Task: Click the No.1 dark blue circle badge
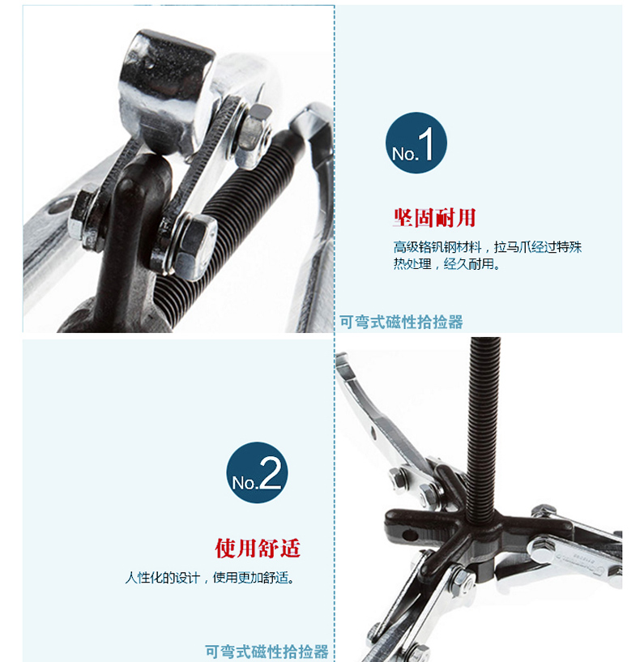[416, 143]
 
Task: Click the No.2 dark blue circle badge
[257, 472]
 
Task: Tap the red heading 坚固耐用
[434, 218]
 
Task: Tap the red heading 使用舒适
[258, 548]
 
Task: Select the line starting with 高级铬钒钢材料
[488, 247]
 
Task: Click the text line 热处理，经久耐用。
[446, 264]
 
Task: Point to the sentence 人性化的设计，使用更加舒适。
[210, 577]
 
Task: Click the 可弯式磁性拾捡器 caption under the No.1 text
[401, 322]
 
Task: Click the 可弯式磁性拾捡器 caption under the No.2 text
[267, 651]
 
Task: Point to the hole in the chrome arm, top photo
[58, 207]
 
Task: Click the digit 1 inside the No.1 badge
[426, 144]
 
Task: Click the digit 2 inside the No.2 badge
[271, 474]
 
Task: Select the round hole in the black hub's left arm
[409, 536]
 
